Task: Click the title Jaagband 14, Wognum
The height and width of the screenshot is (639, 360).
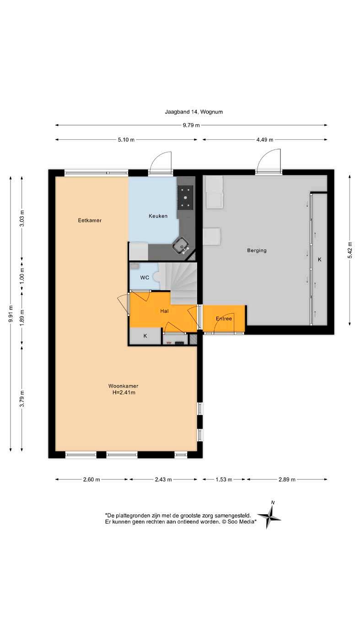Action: [193, 112]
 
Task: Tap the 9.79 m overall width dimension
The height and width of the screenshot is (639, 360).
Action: [191, 125]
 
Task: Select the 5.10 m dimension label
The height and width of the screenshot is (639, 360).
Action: [126, 139]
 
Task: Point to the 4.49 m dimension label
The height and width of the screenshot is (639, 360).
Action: [265, 139]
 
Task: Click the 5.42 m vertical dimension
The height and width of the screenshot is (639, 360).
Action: [350, 250]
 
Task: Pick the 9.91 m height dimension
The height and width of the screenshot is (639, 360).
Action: [11, 314]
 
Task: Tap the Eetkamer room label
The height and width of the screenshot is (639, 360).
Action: [90, 220]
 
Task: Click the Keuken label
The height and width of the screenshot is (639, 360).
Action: [158, 216]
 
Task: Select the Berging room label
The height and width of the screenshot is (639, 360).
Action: [257, 250]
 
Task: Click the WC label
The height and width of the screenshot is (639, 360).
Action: [145, 277]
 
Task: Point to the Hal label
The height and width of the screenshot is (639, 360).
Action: [164, 311]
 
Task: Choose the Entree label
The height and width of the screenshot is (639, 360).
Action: [224, 319]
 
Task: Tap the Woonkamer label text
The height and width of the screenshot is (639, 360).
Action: [123, 386]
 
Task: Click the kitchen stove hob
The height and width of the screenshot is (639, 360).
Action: [185, 197]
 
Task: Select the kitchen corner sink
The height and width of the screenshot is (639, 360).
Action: [181, 245]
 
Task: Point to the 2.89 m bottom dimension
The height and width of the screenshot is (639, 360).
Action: [287, 479]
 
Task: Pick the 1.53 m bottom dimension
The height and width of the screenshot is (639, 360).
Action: [224, 479]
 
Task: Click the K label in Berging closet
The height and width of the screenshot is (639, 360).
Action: [319, 259]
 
